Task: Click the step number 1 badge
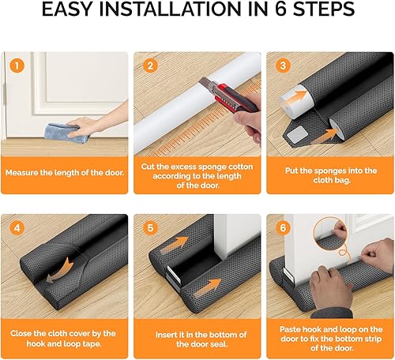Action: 17,66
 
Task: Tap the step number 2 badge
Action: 150,66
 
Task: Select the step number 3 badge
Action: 283,66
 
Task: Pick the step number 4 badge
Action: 17,227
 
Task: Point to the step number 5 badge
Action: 150,227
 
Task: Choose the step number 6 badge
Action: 283,227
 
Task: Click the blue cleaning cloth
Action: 67,133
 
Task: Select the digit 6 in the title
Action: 280,9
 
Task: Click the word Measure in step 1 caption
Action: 22,173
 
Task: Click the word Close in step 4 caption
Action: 20,333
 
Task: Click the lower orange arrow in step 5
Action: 209,287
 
